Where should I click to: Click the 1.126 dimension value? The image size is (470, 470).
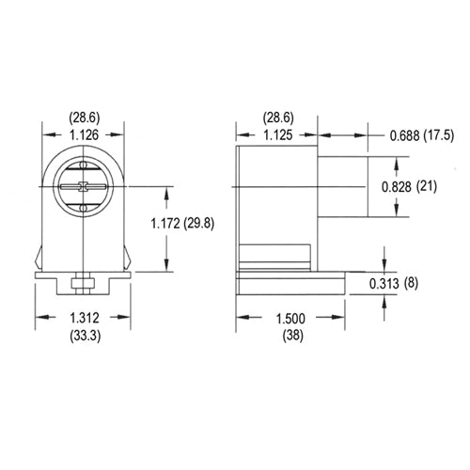pyautogui.click(x=85, y=133)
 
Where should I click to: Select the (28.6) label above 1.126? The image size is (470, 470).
pyautogui.click(x=85, y=118)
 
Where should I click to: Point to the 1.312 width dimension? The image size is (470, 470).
pyautogui.click(x=85, y=317)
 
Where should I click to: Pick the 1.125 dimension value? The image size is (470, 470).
pyautogui.click(x=277, y=133)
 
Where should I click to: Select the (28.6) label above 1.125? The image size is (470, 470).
pyautogui.click(x=277, y=118)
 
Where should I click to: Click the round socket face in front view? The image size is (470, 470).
pyautogui.click(x=84, y=185)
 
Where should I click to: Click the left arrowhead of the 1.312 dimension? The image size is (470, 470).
pyautogui.click(x=39, y=317)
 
